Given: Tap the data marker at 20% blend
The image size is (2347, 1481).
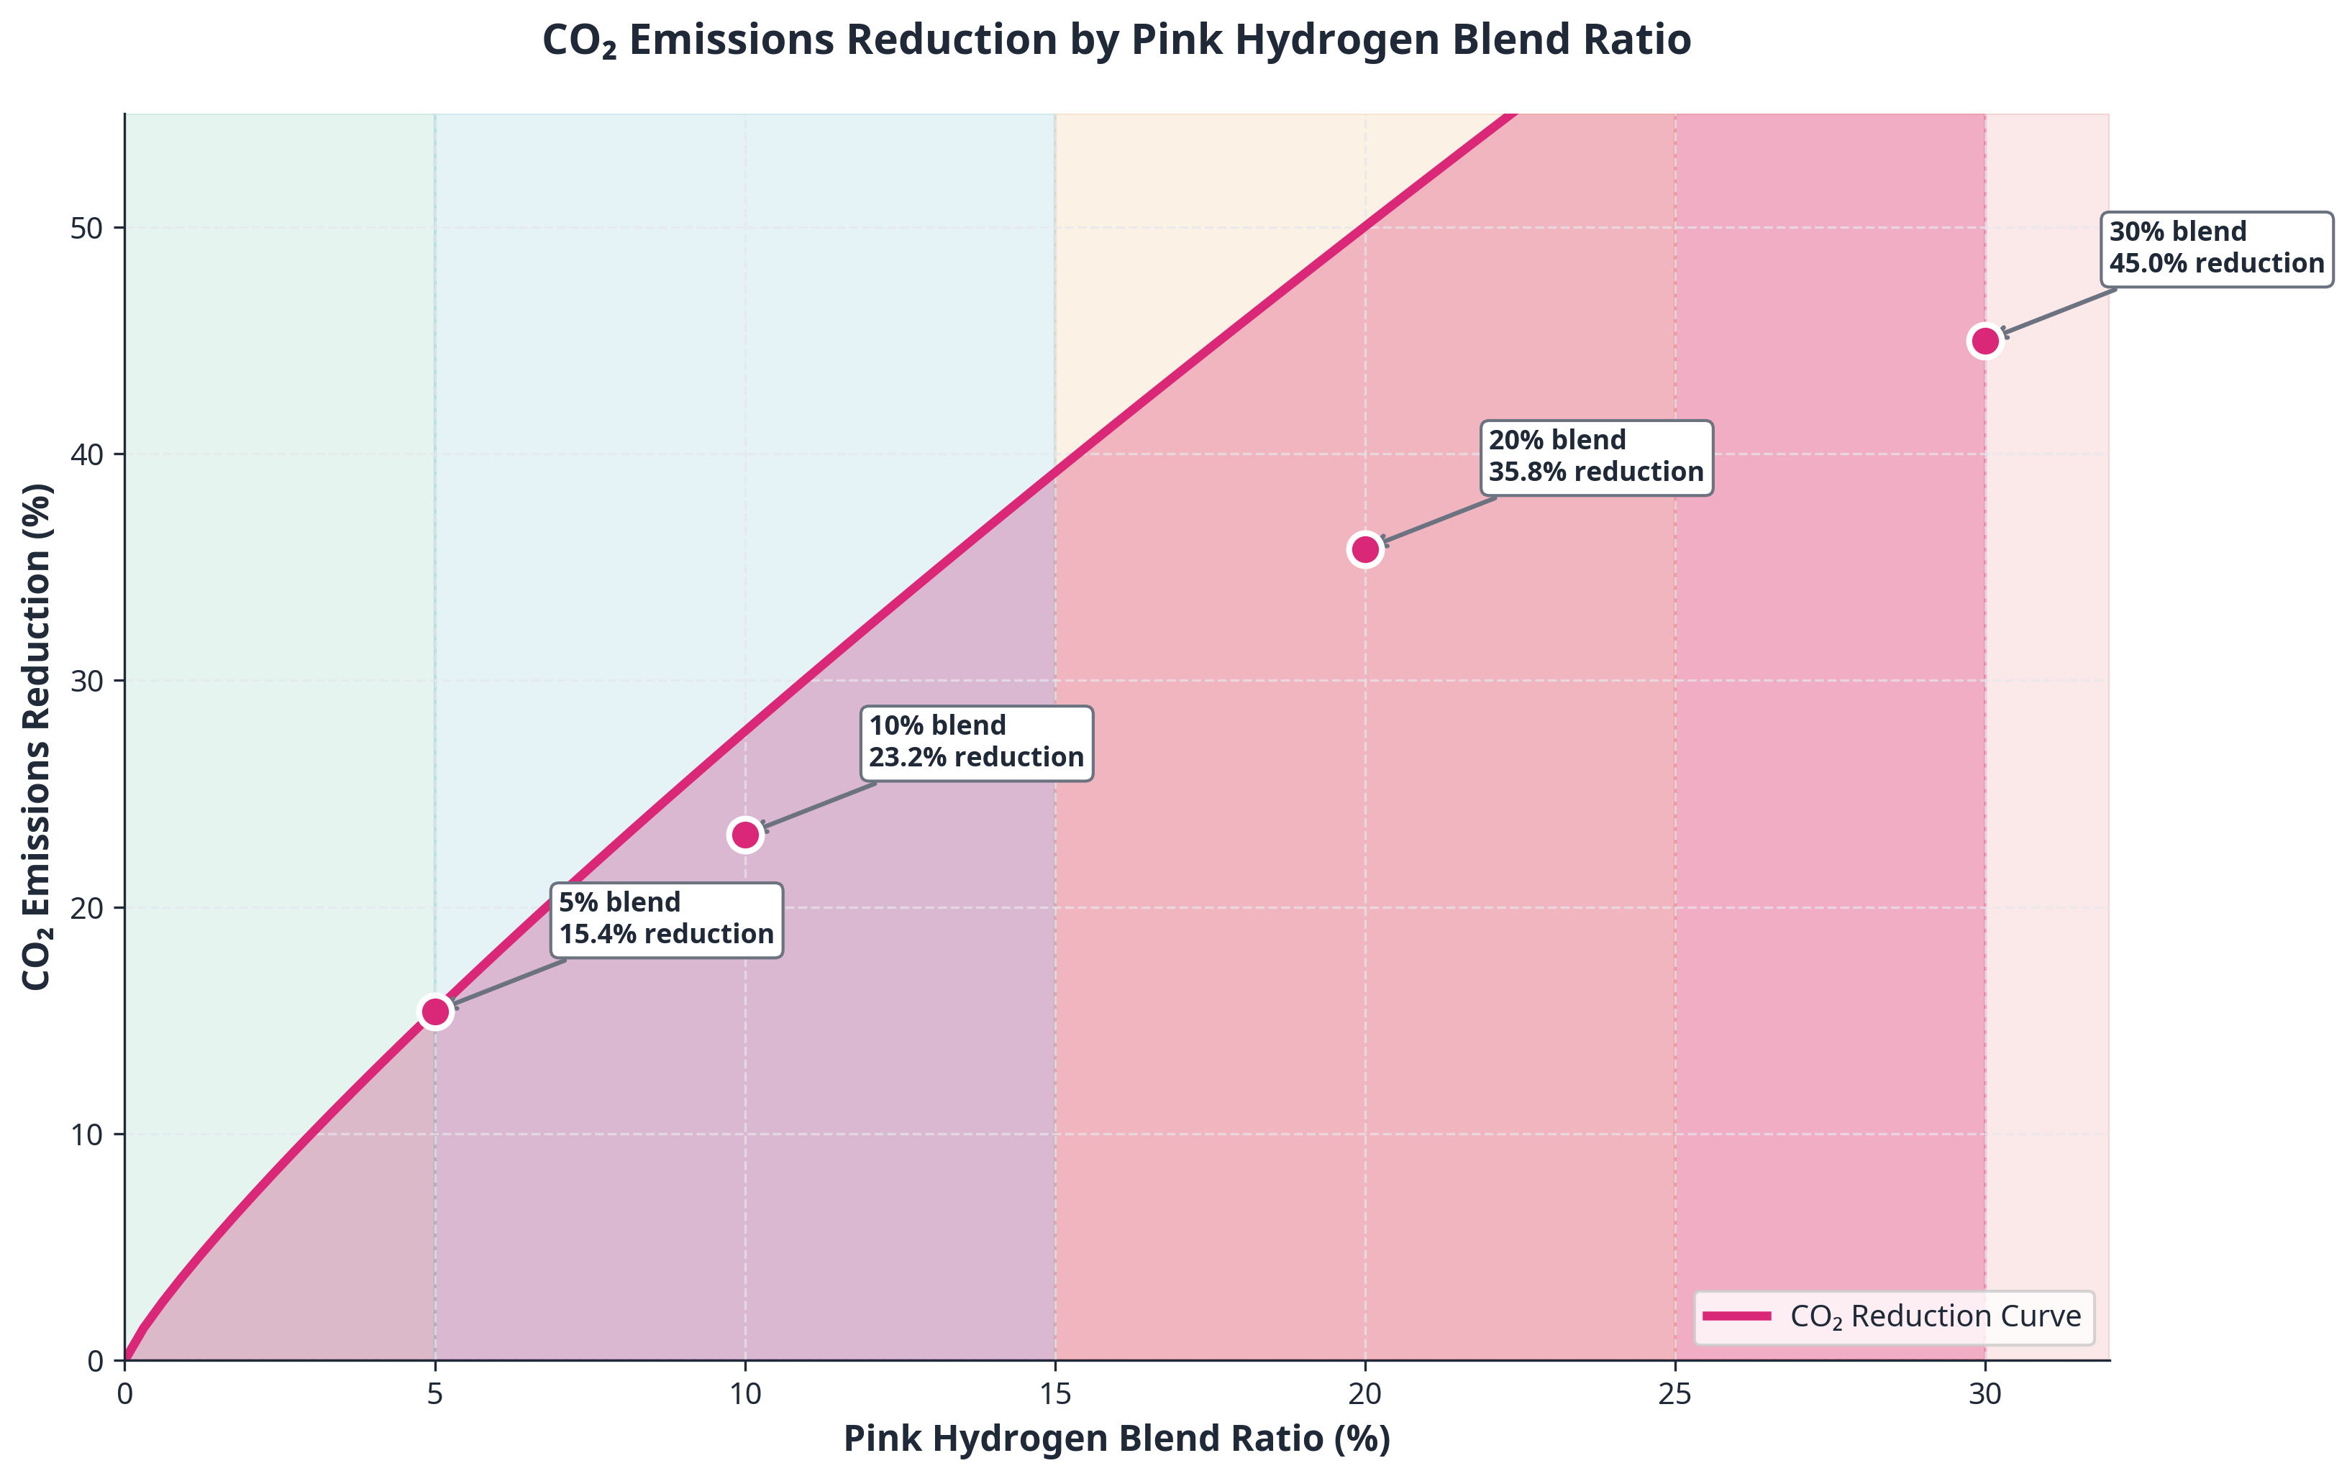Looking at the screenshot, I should (1364, 549).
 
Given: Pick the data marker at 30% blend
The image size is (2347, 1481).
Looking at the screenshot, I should (1984, 341).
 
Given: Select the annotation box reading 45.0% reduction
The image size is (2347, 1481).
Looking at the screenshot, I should (2215, 249).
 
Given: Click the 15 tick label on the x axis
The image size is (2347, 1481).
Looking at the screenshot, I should (1054, 1394).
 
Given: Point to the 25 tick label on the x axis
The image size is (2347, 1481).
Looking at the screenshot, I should (1674, 1394).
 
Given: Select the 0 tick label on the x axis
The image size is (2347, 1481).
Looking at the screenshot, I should (124, 1394).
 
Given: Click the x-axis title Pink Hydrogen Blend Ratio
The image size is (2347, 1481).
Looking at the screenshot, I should (1116, 1439).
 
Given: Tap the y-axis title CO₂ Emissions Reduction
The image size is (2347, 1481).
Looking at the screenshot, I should (37, 737).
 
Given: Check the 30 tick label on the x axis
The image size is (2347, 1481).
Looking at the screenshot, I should (1984, 1394).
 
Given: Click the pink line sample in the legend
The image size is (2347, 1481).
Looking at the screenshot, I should (1737, 1316).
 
